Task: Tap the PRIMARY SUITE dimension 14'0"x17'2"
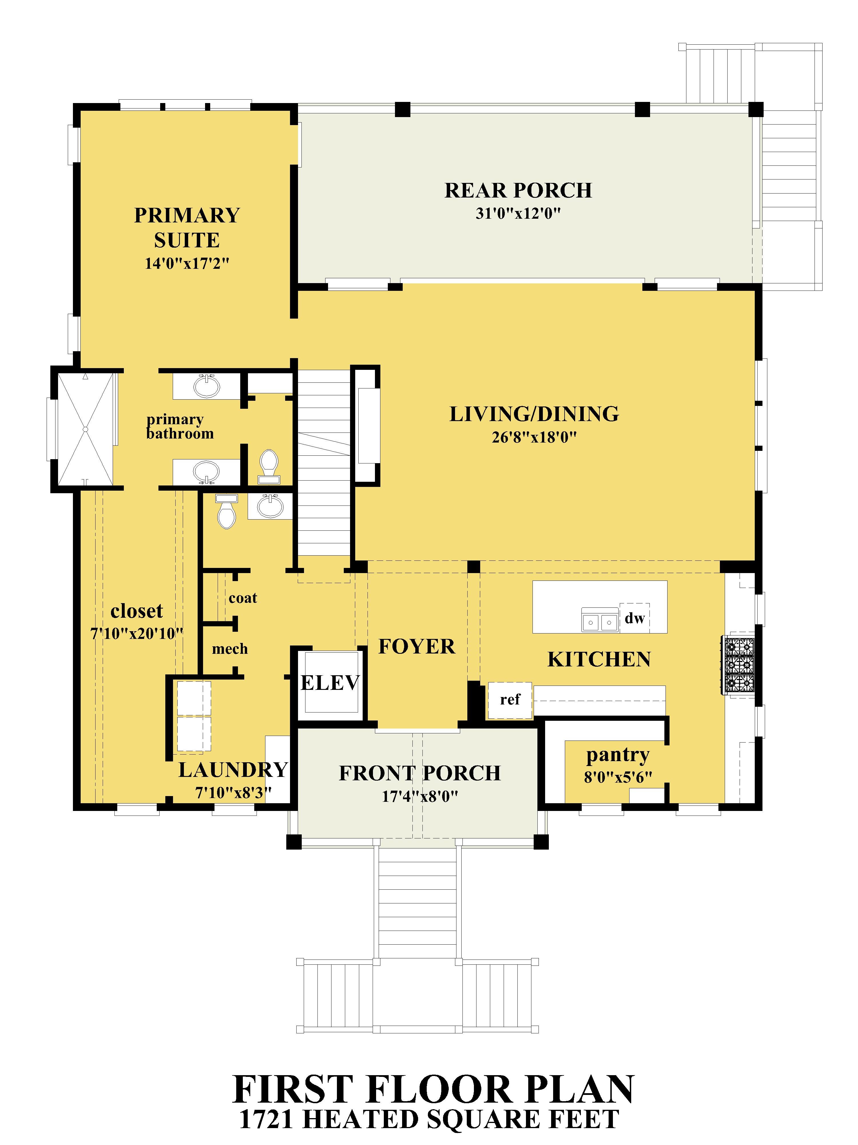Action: click(187, 263)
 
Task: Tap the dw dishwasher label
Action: click(635, 618)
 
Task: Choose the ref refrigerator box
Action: click(510, 700)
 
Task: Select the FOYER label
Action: click(417, 647)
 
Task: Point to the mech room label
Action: click(230, 649)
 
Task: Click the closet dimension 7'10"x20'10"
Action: click(137, 633)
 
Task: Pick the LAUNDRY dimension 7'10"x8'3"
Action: click(233, 793)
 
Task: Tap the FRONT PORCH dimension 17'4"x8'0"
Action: click(420, 796)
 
